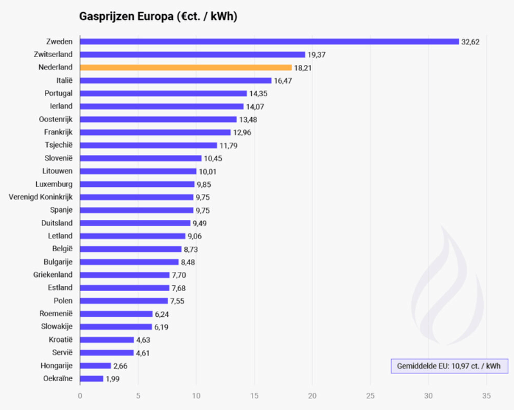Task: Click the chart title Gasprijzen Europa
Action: [157, 16]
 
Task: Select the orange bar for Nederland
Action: [186, 67]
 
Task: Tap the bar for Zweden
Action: [269, 41]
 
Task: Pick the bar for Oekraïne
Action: [91, 379]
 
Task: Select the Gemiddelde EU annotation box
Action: [449, 366]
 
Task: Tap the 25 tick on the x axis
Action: [371, 396]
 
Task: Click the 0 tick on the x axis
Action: [80, 396]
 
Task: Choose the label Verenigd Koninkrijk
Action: [40, 197]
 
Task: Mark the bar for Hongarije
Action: [95, 366]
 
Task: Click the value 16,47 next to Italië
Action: [283, 80]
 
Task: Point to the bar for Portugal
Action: [163, 93]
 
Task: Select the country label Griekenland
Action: [53, 275]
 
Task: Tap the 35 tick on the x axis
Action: [487, 396]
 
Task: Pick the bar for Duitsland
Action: [135, 223]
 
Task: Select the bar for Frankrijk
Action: [155, 132]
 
